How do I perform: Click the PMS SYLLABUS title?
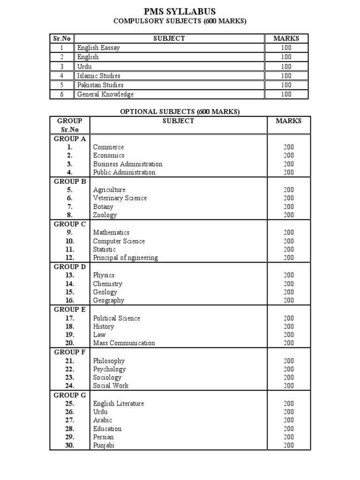[180, 11]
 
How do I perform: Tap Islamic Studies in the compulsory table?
[99, 75]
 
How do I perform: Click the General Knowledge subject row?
[105, 94]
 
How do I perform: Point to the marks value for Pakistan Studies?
[286, 85]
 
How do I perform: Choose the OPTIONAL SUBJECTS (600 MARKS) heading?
[180, 112]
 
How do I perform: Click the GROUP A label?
[69, 139]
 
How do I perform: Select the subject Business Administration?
[127, 164]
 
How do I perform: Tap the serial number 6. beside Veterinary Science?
[69, 198]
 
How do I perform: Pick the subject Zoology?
[105, 215]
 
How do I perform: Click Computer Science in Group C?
[119, 241]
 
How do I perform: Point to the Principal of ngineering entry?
[125, 258]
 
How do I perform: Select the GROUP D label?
[69, 267]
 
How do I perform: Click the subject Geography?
[109, 300]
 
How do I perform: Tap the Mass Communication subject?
[124, 343]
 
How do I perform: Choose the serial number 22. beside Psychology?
[69, 369]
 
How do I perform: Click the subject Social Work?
[111, 386]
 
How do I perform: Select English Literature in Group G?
[119, 404]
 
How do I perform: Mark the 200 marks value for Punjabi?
[289, 445]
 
